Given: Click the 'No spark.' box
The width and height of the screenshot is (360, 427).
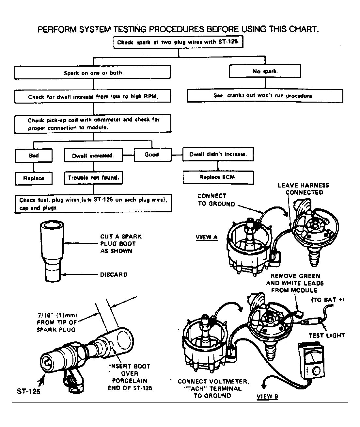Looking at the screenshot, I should [265, 71].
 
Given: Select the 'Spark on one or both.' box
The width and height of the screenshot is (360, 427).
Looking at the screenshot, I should [92, 73].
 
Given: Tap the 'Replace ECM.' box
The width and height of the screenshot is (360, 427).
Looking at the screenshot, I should [218, 177].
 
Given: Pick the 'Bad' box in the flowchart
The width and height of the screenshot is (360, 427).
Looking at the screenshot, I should [34, 156].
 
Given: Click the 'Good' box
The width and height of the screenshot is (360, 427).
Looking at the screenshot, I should [151, 155].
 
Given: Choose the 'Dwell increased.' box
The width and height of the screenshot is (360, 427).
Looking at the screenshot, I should [93, 156].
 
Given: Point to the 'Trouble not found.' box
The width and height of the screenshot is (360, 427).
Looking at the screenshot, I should [93, 178].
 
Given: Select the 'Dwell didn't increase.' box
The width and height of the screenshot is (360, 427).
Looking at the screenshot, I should [218, 154].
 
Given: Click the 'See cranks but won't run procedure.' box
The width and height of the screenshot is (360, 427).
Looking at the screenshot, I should [265, 96].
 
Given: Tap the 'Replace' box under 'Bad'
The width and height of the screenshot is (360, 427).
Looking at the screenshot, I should [33, 178].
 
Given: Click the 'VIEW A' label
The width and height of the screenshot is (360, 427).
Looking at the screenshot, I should [207, 237].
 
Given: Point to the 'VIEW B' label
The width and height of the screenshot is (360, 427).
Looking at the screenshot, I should [267, 397].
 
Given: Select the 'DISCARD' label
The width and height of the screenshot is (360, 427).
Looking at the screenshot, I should [114, 275].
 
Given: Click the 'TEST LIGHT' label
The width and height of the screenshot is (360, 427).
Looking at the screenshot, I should [327, 336].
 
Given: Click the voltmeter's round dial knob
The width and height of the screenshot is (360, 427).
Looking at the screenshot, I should [317, 371].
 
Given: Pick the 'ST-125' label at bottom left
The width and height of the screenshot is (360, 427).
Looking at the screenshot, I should [29, 391].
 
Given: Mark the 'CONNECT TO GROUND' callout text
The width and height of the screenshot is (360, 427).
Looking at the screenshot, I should [216, 200].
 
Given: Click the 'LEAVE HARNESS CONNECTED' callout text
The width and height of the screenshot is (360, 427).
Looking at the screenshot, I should [303, 189].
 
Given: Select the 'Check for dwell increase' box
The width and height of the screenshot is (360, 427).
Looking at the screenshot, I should [92, 97].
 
